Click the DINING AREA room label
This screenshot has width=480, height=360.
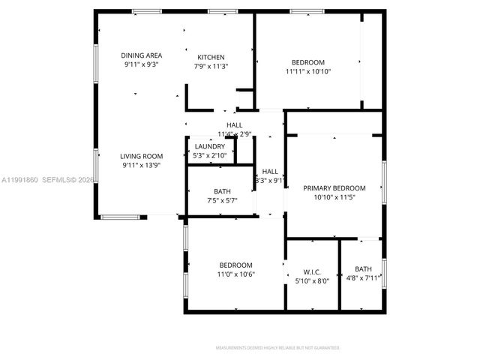click(142, 55)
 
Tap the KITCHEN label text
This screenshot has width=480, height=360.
click(211, 58)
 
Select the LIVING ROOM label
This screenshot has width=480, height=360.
click(142, 156)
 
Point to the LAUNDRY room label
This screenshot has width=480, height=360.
click(209, 146)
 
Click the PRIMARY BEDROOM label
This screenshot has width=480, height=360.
click(334, 188)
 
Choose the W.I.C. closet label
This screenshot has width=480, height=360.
click(312, 271)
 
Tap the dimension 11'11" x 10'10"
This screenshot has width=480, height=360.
click(308, 71)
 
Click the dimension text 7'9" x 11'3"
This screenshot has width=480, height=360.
click(211, 67)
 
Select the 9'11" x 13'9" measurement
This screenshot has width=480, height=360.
click(142, 165)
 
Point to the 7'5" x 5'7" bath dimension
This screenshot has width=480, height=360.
click(222, 200)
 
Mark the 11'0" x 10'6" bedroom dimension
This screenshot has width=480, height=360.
click(235, 274)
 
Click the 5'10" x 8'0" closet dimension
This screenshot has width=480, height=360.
click(312, 280)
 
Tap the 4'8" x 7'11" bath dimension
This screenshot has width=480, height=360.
click(363, 278)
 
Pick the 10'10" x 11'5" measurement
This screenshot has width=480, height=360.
click(334, 197)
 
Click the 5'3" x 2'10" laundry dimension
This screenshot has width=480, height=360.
click(209, 155)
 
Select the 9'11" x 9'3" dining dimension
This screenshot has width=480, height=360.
click(142, 64)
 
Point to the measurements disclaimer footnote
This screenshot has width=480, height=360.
click(277, 348)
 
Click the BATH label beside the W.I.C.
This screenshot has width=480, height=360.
click(363, 269)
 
